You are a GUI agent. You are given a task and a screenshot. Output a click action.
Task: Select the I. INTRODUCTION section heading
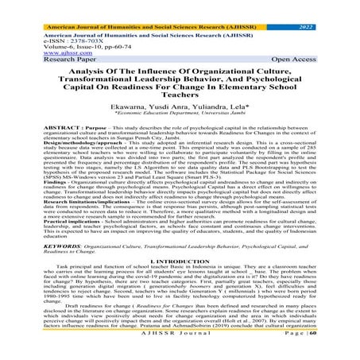point(180,285)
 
